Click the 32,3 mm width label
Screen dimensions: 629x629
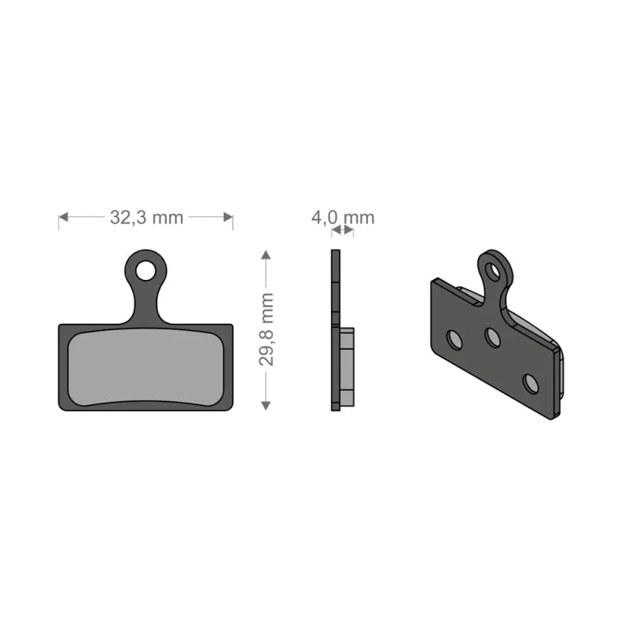click(x=145, y=218)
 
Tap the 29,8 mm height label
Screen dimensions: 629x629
click(x=267, y=329)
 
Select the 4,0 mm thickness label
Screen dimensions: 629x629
click(x=343, y=218)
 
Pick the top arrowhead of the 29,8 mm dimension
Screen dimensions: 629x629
click(x=267, y=256)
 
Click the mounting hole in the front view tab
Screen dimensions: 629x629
click(x=145, y=270)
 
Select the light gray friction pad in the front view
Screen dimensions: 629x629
click(x=145, y=367)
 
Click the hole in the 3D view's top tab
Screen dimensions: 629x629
click(x=493, y=272)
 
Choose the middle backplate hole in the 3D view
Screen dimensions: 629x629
click(x=493, y=337)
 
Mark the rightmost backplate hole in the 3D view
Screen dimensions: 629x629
click(x=532, y=383)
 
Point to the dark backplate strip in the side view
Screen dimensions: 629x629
click(x=336, y=330)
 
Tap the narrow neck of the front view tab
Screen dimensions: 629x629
click(x=145, y=303)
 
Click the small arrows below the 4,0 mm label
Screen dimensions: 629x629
click(x=342, y=230)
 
